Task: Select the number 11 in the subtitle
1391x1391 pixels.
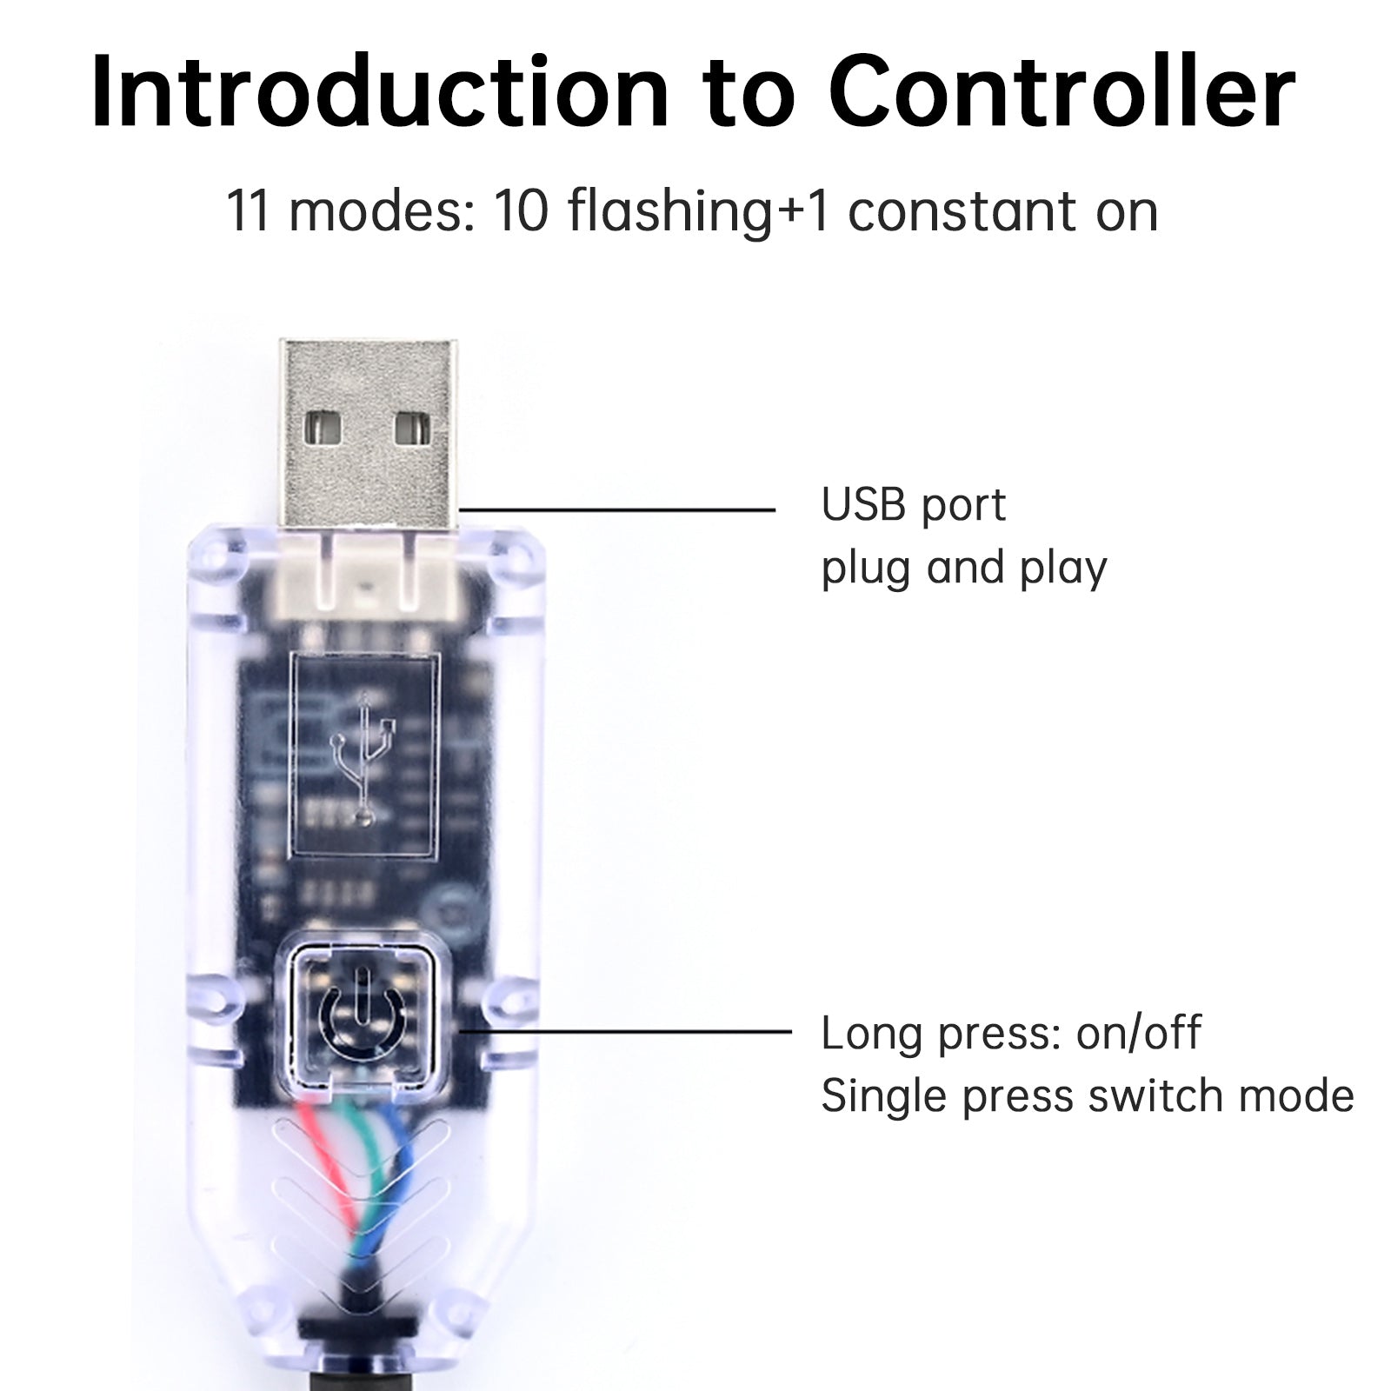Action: [x=249, y=211]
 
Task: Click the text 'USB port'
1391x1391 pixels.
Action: [x=913, y=505]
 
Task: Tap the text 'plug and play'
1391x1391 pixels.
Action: [x=963, y=568]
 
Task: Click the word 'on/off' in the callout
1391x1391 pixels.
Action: [x=1138, y=1034]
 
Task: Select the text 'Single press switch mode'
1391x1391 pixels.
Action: [x=1087, y=1096]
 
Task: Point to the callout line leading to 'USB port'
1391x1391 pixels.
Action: [x=617, y=509]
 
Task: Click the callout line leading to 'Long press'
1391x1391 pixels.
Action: [x=626, y=1032]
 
